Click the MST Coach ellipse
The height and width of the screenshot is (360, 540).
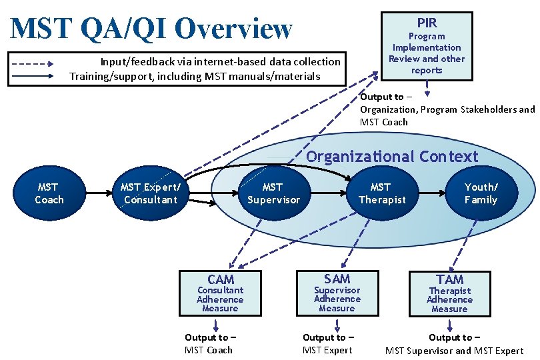pyautogui.click(x=49, y=193)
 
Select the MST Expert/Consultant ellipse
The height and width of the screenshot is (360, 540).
pyautogui.click(x=151, y=193)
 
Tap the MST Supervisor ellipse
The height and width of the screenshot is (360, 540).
pyautogui.click(x=273, y=193)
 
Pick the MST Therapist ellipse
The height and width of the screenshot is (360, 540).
pyautogui.click(x=381, y=193)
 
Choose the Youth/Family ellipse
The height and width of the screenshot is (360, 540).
pyautogui.click(x=481, y=193)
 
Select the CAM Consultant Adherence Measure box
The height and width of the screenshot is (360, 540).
pyautogui.click(x=220, y=293)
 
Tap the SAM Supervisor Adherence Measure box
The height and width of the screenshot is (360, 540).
pyautogui.click(x=337, y=293)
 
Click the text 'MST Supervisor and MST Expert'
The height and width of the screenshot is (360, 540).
pyautogui.click(x=455, y=351)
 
